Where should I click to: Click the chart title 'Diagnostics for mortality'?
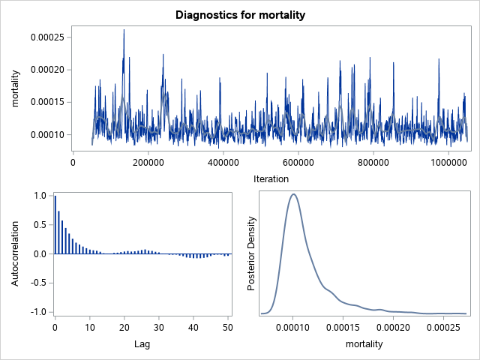(240, 14)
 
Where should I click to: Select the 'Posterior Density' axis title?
(253, 253)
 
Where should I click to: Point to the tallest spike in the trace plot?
(124, 30)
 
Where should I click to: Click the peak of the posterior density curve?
(294, 194)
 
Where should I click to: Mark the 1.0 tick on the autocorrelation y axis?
(40, 196)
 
